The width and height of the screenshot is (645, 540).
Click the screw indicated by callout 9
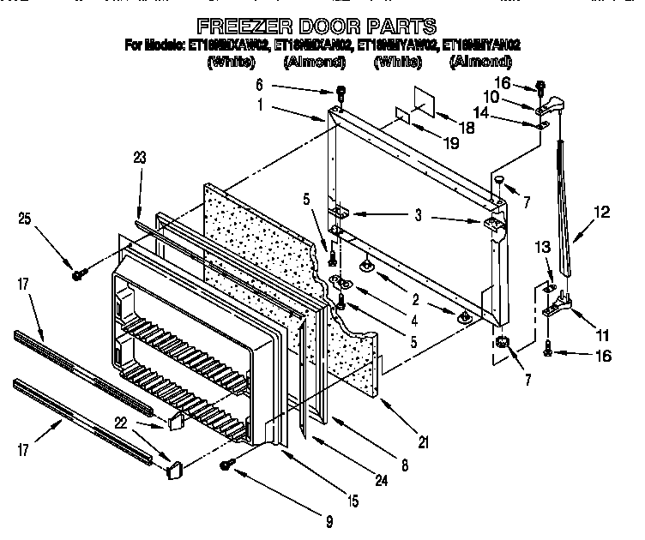click(227, 464)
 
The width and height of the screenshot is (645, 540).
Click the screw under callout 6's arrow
click(341, 93)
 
